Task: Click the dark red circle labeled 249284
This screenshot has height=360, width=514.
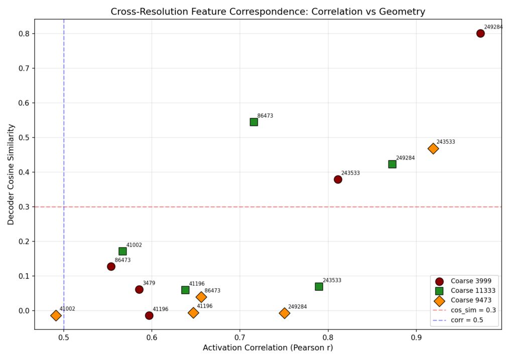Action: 480,34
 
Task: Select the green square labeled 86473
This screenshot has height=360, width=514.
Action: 254,122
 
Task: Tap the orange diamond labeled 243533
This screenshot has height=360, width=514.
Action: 433,149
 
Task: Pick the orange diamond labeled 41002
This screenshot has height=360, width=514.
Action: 56,315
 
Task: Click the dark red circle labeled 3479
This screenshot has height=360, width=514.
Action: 139,289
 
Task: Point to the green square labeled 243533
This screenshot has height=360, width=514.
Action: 319,287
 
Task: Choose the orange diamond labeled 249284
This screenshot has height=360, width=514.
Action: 285,313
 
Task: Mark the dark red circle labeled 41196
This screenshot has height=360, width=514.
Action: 149,315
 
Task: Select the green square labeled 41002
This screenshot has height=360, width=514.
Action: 122,251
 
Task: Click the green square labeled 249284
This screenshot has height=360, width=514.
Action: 392,164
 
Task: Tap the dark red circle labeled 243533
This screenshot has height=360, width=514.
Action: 338,179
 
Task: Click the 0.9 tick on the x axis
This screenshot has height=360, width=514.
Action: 416,329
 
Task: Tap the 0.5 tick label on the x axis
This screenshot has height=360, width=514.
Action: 64,337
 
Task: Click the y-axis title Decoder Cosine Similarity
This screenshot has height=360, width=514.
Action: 11,174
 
